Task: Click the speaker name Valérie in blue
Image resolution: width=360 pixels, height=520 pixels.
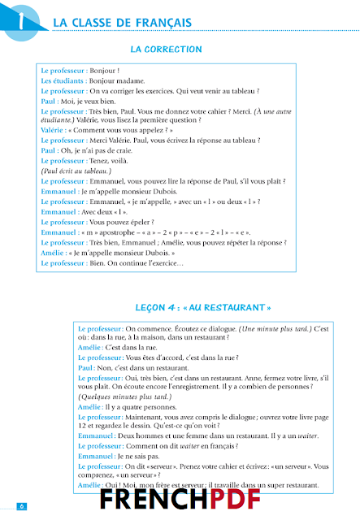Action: click(x=53, y=129)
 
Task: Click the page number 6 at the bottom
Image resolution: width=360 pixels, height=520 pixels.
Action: click(x=22, y=506)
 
